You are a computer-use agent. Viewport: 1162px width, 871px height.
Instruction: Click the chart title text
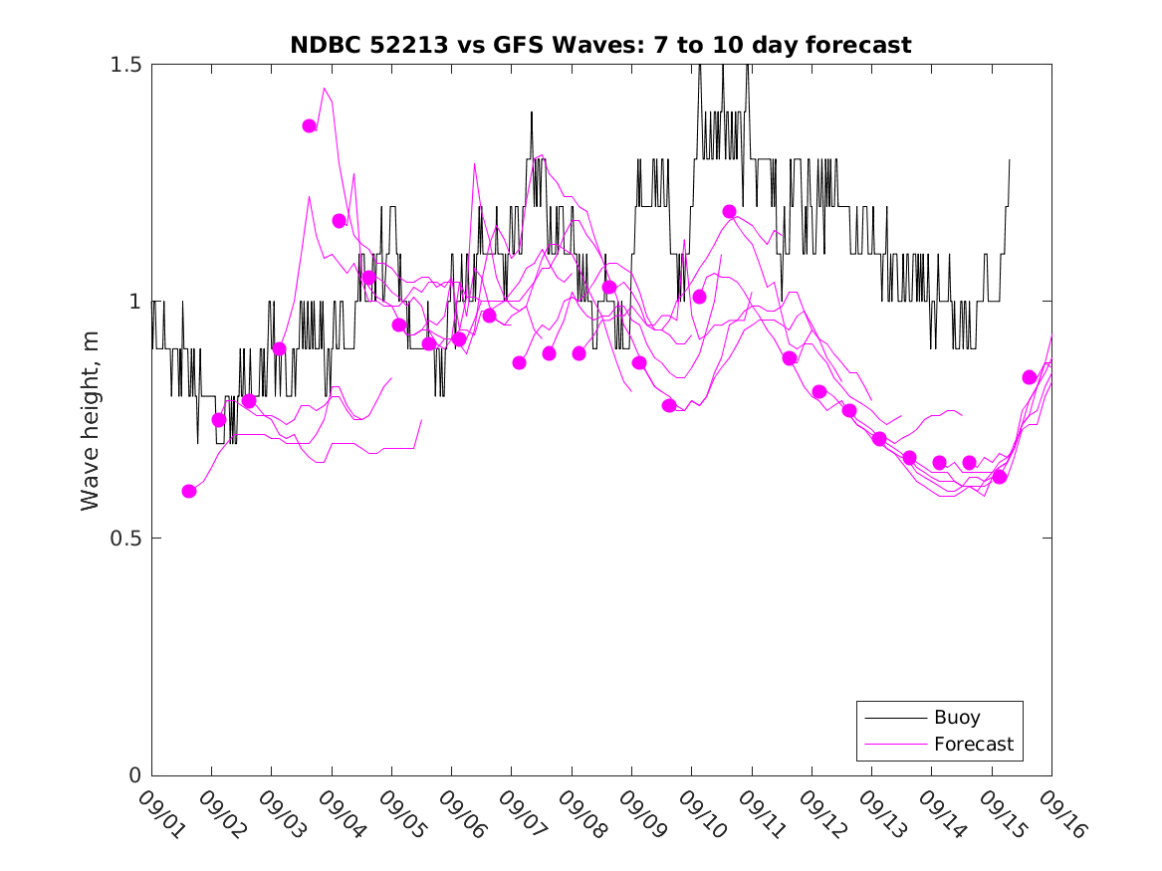(x=600, y=45)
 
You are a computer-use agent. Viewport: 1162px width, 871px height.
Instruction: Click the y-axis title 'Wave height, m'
(x=91, y=420)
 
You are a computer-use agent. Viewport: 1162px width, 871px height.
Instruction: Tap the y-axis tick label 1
(x=134, y=302)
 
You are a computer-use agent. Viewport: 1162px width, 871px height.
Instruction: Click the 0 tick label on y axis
(x=134, y=775)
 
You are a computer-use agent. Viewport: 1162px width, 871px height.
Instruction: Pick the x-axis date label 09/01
(x=159, y=814)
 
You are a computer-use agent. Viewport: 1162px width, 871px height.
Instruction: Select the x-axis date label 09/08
(x=580, y=814)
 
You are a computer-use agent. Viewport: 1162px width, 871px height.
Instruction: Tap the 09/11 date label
(x=760, y=814)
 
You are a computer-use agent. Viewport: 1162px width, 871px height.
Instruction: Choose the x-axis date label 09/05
(x=399, y=814)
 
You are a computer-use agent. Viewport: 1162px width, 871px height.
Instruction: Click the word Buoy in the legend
(x=957, y=718)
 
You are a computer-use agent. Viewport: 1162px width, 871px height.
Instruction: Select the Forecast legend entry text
(x=974, y=744)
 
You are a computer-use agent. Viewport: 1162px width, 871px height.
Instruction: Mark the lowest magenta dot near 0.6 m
(x=189, y=491)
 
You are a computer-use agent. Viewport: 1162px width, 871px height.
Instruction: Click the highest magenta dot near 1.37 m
(x=310, y=126)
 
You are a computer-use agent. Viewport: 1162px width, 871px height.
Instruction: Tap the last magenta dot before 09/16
(x=1030, y=377)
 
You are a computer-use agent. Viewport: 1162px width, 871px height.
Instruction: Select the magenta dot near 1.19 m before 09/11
(x=729, y=212)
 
